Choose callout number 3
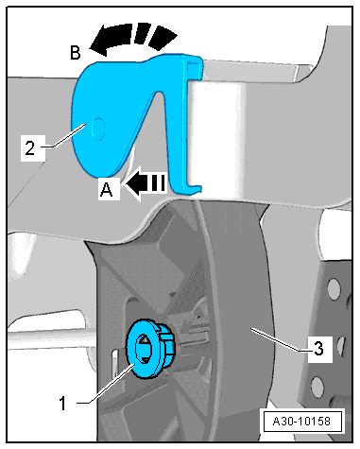(318, 348)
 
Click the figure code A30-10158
(302, 420)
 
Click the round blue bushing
(148, 347)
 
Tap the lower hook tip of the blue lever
(197, 185)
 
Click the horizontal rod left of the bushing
(57, 339)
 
